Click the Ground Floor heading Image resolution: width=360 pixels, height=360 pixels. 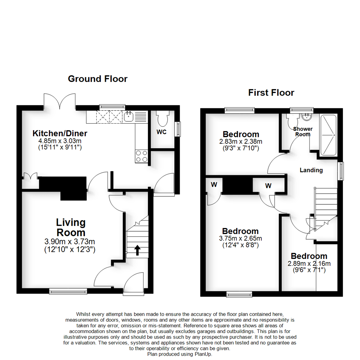pyautogui.click(x=97, y=79)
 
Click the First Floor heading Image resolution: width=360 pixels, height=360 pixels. pyautogui.click(x=271, y=93)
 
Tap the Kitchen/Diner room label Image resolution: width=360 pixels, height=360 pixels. pyautogui.click(x=60, y=134)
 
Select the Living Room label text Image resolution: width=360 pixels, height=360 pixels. pyautogui.click(x=71, y=227)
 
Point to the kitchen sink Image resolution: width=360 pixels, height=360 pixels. pyautogui.click(x=129, y=117)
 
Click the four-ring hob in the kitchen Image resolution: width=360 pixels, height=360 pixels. pyautogui.click(x=141, y=156)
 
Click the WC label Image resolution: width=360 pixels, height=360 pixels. pyautogui.click(x=161, y=132)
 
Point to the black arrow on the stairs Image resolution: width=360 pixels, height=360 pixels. pyautogui.click(x=137, y=250)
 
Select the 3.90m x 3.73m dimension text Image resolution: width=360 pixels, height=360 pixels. pyautogui.click(x=70, y=241)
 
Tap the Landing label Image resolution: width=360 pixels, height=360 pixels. pyautogui.click(x=311, y=170)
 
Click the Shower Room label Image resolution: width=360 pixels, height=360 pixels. pyautogui.click(x=303, y=131)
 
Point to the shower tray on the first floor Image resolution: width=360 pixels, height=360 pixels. pyautogui.click(x=329, y=135)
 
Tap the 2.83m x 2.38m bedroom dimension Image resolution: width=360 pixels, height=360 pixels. pyautogui.click(x=241, y=141)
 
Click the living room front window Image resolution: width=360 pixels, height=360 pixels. pyautogui.click(x=68, y=292)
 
